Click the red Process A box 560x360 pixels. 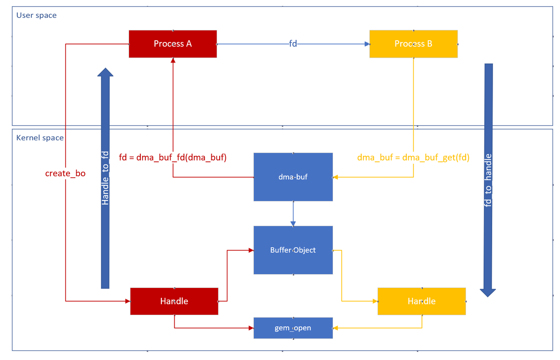(173, 44)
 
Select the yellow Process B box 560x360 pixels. (413, 44)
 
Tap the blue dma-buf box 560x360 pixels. (293, 177)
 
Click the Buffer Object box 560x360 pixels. (293, 250)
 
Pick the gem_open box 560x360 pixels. (293, 328)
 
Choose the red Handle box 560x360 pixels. (174, 301)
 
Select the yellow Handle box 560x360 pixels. (421, 301)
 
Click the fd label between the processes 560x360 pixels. (293, 44)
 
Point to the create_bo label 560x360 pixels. (65, 174)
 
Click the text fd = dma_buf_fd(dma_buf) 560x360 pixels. (173, 157)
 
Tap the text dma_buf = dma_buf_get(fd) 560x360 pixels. (413, 157)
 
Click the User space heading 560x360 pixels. (36, 15)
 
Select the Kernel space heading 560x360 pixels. (40, 138)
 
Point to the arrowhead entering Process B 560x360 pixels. (367, 44)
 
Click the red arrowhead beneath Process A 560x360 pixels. (173, 60)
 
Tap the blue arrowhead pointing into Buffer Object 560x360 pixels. (293, 224)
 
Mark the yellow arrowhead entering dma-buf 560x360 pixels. (336, 177)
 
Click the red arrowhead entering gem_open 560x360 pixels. (251, 328)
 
